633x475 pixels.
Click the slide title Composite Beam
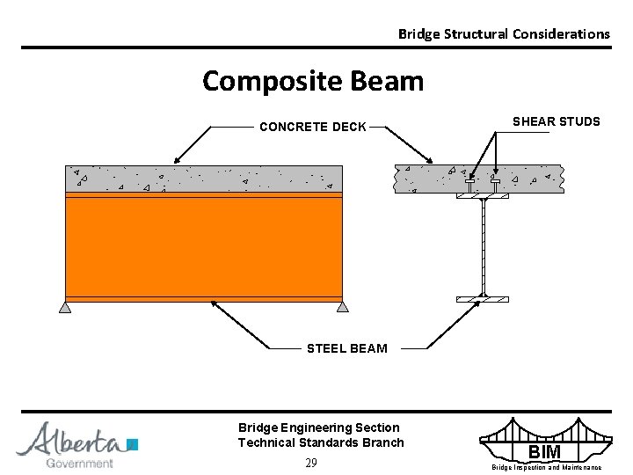tap(313, 82)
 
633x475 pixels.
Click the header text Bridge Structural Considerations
tap(503, 34)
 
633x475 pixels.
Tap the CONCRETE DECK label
tap(312, 127)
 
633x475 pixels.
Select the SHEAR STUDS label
tap(556, 121)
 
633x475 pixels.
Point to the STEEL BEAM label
tap(346, 348)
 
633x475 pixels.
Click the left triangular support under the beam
tap(65, 307)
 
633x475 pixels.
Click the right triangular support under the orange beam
tap(342, 307)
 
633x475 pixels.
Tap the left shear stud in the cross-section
tap(470, 186)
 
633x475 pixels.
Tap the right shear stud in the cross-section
tap(496, 185)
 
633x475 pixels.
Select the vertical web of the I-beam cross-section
tap(483, 246)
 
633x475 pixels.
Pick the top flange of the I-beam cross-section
tap(483, 196)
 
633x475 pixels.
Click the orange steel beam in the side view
tap(204, 246)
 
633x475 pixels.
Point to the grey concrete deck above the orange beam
tap(204, 179)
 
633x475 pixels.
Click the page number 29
tap(311, 463)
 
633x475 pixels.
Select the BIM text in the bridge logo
tap(545, 453)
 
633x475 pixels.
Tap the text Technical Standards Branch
tap(321, 442)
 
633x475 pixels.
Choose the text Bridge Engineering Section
tap(318, 427)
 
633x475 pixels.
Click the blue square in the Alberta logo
tap(133, 444)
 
